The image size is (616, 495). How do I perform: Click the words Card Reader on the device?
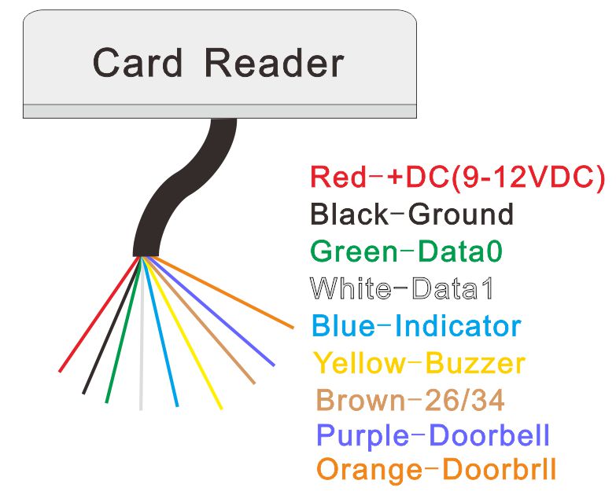tap(218, 63)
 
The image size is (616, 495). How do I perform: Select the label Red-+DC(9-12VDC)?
tap(457, 177)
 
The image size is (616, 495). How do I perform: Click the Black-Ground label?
tap(411, 214)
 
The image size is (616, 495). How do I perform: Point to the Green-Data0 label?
tap(406, 251)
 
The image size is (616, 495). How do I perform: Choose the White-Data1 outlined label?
tap(401, 288)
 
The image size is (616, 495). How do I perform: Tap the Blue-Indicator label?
tap(416, 325)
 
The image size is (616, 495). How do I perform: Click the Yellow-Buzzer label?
tap(419, 363)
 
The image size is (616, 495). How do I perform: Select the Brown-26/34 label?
tap(409, 400)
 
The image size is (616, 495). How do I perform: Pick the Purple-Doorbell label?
tap(432, 434)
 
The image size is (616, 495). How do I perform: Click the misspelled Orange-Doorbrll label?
tap(436, 470)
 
